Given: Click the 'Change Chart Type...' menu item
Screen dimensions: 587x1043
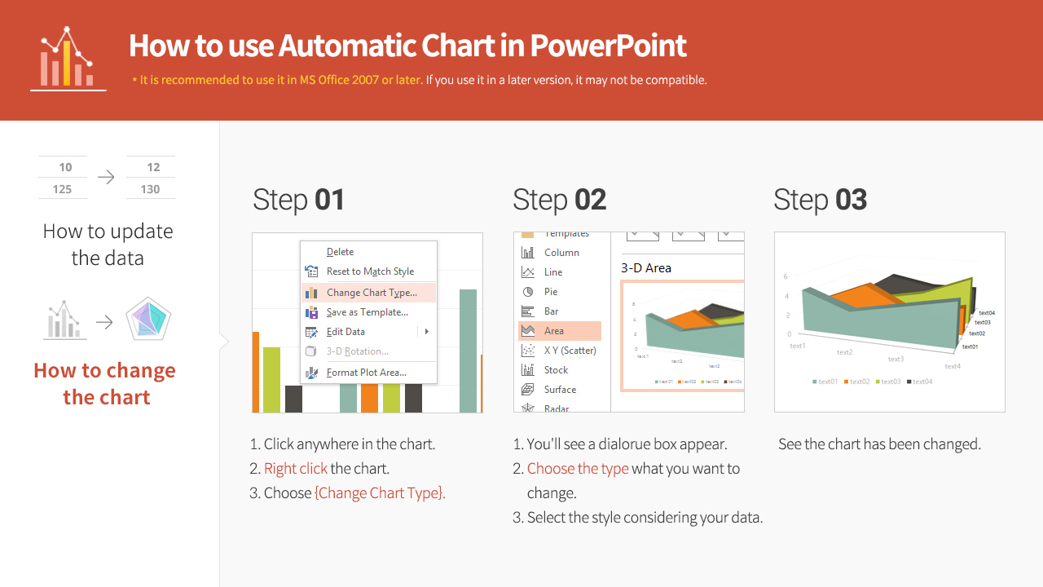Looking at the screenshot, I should coord(371,293).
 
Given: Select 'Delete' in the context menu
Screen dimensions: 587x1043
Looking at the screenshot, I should coord(340,252).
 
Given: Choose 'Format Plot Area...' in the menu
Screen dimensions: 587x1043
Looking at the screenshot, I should coord(366,373).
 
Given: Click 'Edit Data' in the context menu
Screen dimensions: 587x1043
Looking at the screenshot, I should coord(345,332).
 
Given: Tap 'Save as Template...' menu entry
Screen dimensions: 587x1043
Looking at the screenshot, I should coord(367,312).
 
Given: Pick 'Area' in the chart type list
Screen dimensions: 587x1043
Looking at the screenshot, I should coord(554,331).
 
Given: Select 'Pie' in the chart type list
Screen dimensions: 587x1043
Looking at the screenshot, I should coord(551,292).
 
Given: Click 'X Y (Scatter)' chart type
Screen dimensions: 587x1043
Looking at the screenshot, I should coord(570,351).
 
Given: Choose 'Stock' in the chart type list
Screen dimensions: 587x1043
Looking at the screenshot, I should coord(556,370).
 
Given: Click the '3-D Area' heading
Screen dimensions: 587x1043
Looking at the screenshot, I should coord(646,267).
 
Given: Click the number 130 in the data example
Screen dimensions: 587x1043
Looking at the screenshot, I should coord(150,189).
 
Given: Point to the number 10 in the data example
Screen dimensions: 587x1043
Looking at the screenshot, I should coord(65,167).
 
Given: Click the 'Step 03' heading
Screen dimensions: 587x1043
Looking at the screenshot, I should coord(820,200).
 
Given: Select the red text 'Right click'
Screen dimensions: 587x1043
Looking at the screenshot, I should coord(295,469).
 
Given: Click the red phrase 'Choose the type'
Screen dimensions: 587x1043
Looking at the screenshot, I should coord(577,469).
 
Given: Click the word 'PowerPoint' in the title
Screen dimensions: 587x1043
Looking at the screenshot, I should coord(608,46).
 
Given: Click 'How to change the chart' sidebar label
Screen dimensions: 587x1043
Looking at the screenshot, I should coord(105,384).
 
